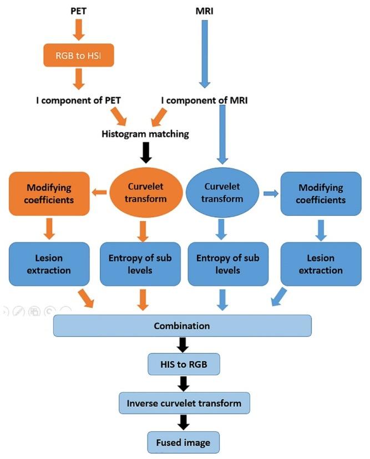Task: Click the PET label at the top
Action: click(x=78, y=12)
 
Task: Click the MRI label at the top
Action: click(x=205, y=12)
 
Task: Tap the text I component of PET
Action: click(x=79, y=101)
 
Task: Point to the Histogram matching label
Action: click(x=145, y=134)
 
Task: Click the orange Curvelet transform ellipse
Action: click(x=146, y=193)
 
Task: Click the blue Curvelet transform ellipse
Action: click(x=221, y=193)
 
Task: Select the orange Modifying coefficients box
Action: click(x=49, y=193)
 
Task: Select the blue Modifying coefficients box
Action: click(x=320, y=193)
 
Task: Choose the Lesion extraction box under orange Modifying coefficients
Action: click(x=49, y=264)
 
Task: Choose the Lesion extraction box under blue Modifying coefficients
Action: click(x=320, y=264)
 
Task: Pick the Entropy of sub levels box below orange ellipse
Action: click(x=141, y=264)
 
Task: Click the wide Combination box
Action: click(x=182, y=325)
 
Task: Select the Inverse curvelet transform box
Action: click(x=184, y=402)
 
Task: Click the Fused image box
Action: click(x=184, y=442)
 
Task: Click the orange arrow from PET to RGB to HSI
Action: click(x=78, y=30)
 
